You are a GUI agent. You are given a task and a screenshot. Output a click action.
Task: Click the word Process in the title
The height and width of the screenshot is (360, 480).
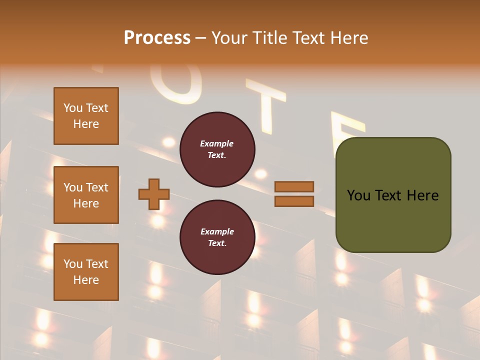pyautogui.click(x=157, y=38)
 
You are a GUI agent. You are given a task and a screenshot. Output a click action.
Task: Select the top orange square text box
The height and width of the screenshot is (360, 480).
pyautogui.click(x=86, y=116)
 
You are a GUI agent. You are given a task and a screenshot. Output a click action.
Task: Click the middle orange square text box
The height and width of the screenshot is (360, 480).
pyautogui.click(x=86, y=195)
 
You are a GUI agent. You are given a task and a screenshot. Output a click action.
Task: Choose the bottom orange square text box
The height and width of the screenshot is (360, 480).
pyautogui.click(x=86, y=272)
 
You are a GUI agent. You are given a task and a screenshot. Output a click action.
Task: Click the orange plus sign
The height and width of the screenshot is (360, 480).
pyautogui.click(x=154, y=194)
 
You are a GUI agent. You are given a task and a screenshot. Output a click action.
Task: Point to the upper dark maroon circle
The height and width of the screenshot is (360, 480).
pyautogui.click(x=217, y=149)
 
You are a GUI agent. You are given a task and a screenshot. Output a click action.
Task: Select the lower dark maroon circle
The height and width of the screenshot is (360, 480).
pyautogui.click(x=217, y=237)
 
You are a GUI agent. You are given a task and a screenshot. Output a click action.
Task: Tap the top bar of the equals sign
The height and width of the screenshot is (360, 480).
pyautogui.click(x=294, y=186)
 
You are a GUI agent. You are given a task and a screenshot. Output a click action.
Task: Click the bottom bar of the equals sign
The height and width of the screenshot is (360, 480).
pyautogui.click(x=294, y=201)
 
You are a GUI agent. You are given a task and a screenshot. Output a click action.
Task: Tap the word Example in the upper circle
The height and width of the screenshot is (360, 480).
pyautogui.click(x=217, y=143)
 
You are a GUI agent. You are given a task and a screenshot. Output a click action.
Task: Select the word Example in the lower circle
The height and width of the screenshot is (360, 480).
pyautogui.click(x=217, y=231)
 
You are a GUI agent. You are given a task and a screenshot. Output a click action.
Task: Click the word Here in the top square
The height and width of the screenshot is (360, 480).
pyautogui.click(x=86, y=124)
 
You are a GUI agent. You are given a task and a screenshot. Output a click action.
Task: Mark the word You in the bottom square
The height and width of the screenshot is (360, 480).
pyautogui.click(x=73, y=264)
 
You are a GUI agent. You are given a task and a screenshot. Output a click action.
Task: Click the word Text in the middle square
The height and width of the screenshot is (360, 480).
pyautogui.click(x=96, y=187)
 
